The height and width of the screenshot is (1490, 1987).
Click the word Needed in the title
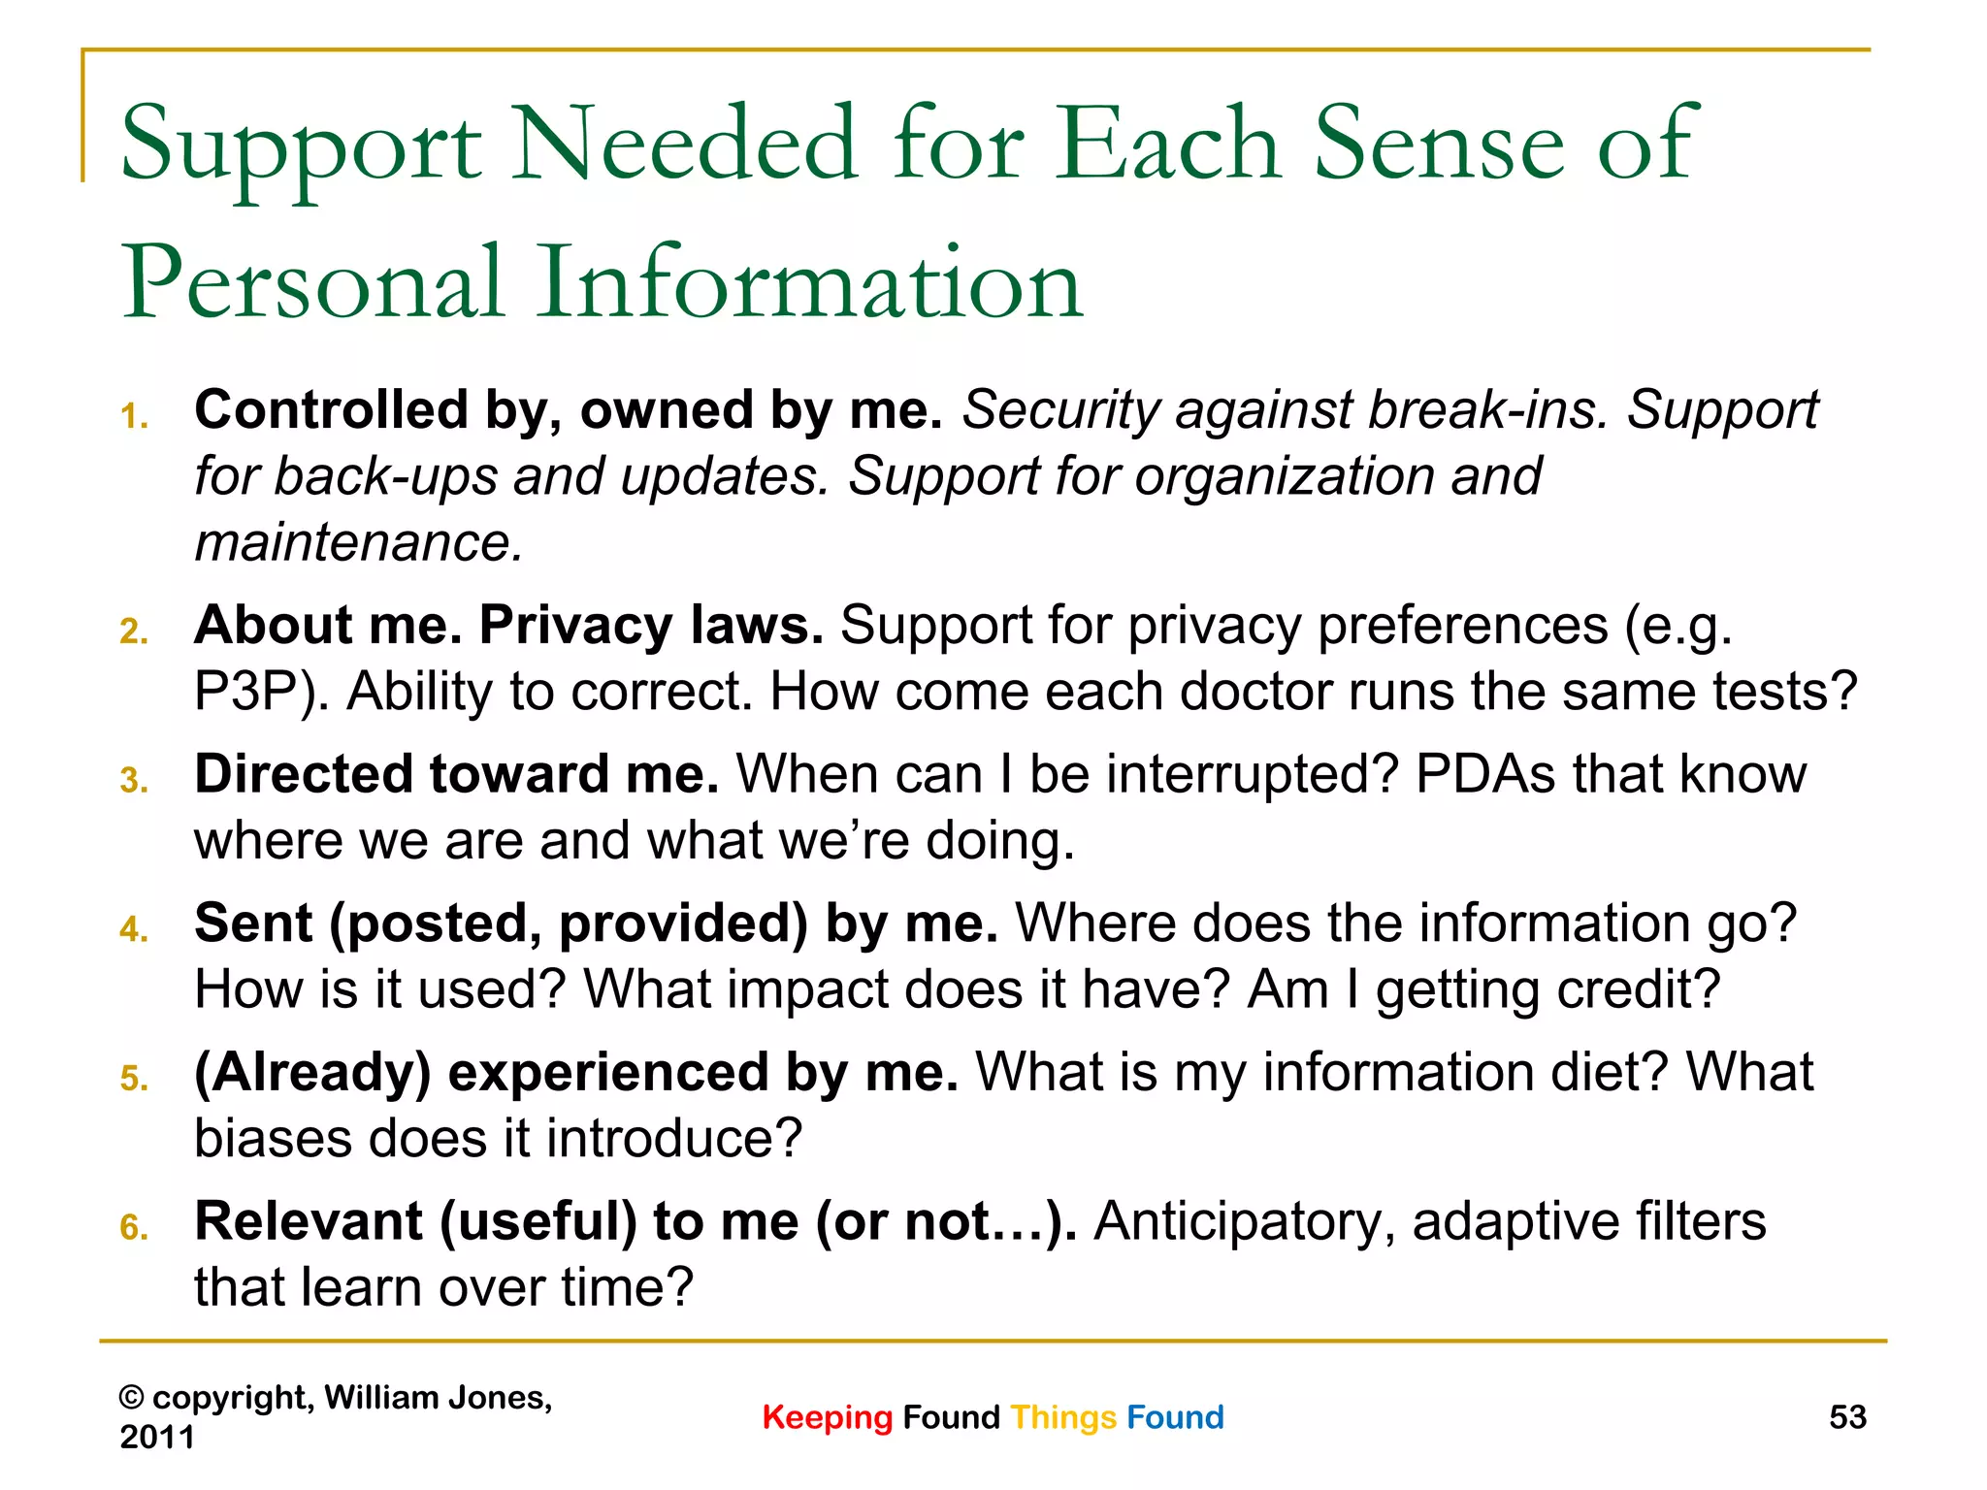click(683, 146)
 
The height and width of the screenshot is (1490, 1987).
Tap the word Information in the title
click(810, 283)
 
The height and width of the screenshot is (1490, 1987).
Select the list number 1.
click(134, 417)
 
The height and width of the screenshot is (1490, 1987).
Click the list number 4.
click(134, 929)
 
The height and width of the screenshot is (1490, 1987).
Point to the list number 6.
click(134, 1228)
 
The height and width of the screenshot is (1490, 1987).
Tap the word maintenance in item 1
click(357, 542)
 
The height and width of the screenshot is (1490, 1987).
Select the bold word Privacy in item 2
click(575, 625)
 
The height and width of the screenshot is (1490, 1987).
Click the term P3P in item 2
click(254, 693)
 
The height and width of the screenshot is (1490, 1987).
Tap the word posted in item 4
click(442, 924)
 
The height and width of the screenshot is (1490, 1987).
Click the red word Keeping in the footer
click(827, 1417)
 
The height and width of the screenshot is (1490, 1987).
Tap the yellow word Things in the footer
click(1063, 1417)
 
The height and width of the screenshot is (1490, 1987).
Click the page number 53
click(1847, 1417)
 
